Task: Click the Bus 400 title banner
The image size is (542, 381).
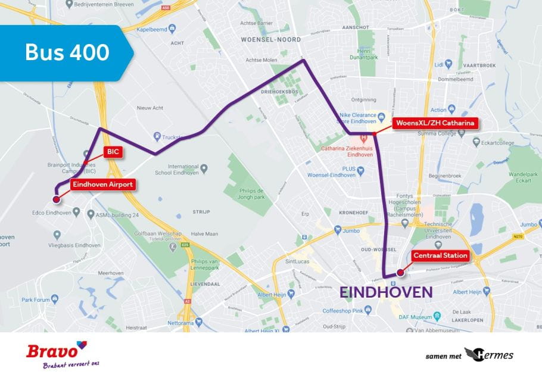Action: coord(67,52)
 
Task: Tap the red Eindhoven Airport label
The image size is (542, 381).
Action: coord(102,185)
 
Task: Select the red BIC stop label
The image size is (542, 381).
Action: coord(113,152)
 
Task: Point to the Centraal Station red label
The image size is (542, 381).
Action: coord(440,256)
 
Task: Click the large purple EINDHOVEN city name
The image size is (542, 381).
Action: coord(386,292)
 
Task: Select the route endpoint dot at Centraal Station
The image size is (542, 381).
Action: coord(400,273)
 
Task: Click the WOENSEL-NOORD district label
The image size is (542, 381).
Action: coord(270,39)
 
